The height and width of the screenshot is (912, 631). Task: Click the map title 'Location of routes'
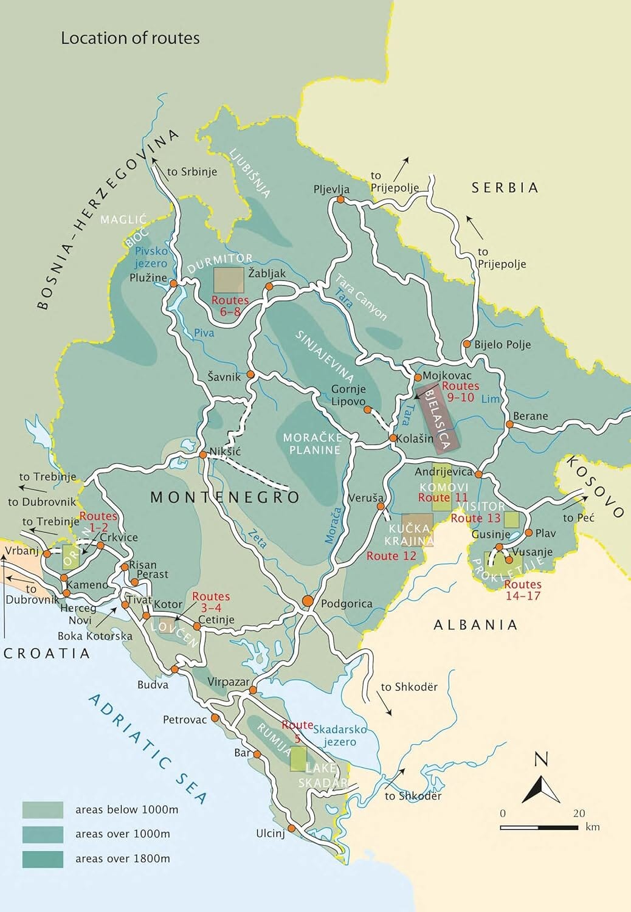(130, 38)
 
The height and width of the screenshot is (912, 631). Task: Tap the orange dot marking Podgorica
(308, 601)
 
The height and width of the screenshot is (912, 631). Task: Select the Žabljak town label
(267, 274)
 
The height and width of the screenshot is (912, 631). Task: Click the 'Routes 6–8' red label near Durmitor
(230, 306)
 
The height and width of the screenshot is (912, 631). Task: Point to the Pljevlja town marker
(340, 199)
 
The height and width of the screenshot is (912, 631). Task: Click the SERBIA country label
(505, 188)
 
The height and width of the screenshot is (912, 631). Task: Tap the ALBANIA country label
(475, 624)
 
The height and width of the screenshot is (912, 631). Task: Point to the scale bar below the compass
(539, 827)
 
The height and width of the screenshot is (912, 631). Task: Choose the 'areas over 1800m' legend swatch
(43, 858)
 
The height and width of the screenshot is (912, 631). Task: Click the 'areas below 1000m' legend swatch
(43, 810)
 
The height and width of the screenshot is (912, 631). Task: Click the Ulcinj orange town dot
(291, 829)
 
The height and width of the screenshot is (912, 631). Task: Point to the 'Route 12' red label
(391, 556)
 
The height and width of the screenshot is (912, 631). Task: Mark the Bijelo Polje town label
(502, 345)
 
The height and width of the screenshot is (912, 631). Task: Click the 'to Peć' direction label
(578, 518)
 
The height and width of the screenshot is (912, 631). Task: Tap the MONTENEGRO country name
(225, 497)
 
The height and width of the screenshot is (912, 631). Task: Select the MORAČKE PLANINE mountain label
(314, 444)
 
